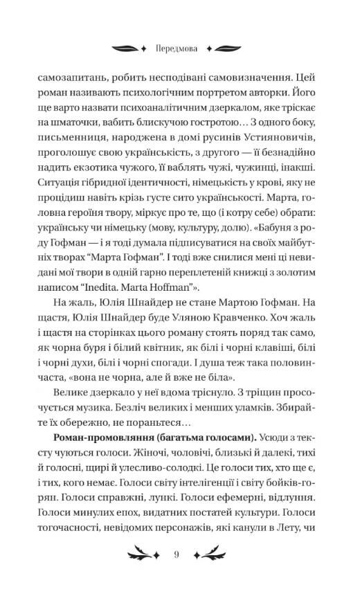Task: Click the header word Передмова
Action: pos(180,49)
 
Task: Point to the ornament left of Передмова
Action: pos(129,49)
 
